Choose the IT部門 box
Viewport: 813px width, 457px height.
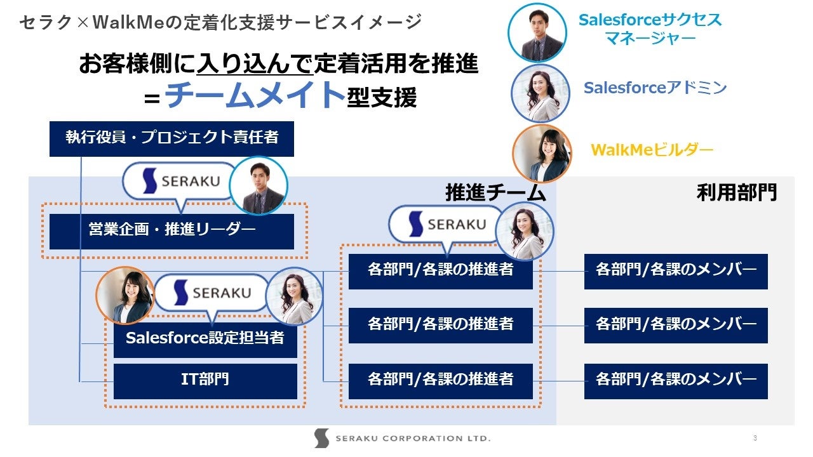pos(205,381)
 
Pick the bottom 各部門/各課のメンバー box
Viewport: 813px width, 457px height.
pos(676,381)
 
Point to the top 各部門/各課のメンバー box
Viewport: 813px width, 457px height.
pos(676,271)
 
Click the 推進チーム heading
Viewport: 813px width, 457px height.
pos(495,192)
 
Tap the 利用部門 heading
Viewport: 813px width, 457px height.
pos(737,192)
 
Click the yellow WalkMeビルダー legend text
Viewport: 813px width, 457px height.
pos(652,150)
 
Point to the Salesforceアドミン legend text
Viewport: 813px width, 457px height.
pos(655,88)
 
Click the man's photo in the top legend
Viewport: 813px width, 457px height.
pos(537,32)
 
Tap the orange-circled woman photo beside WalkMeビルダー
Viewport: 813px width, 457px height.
pos(541,153)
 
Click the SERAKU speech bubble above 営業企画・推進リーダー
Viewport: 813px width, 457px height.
pos(181,182)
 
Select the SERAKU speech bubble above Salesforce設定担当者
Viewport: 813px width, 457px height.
pos(213,293)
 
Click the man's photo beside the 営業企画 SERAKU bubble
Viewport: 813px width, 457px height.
pos(258,186)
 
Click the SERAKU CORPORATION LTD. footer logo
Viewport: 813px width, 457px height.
pos(402,438)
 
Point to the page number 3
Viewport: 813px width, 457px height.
pos(755,438)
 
